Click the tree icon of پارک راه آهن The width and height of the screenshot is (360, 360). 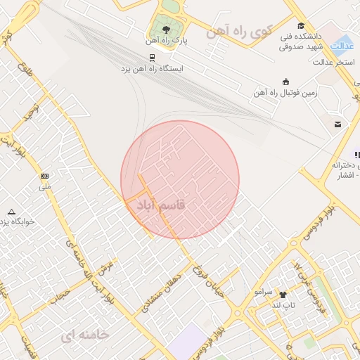pos(166,30)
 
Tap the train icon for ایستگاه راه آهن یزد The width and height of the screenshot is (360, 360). pos(152,58)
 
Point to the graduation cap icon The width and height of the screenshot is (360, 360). pos(301,26)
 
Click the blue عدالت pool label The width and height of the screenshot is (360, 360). pos(341,46)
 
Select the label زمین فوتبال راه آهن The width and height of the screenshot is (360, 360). pos(286,92)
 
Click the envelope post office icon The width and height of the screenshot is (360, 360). pos(338,124)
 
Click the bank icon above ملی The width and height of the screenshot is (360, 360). pos(45,176)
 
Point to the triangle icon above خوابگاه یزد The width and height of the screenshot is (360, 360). pos(11,211)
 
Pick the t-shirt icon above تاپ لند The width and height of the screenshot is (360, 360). pos(283,295)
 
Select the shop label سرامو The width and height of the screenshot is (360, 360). pos(263,291)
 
